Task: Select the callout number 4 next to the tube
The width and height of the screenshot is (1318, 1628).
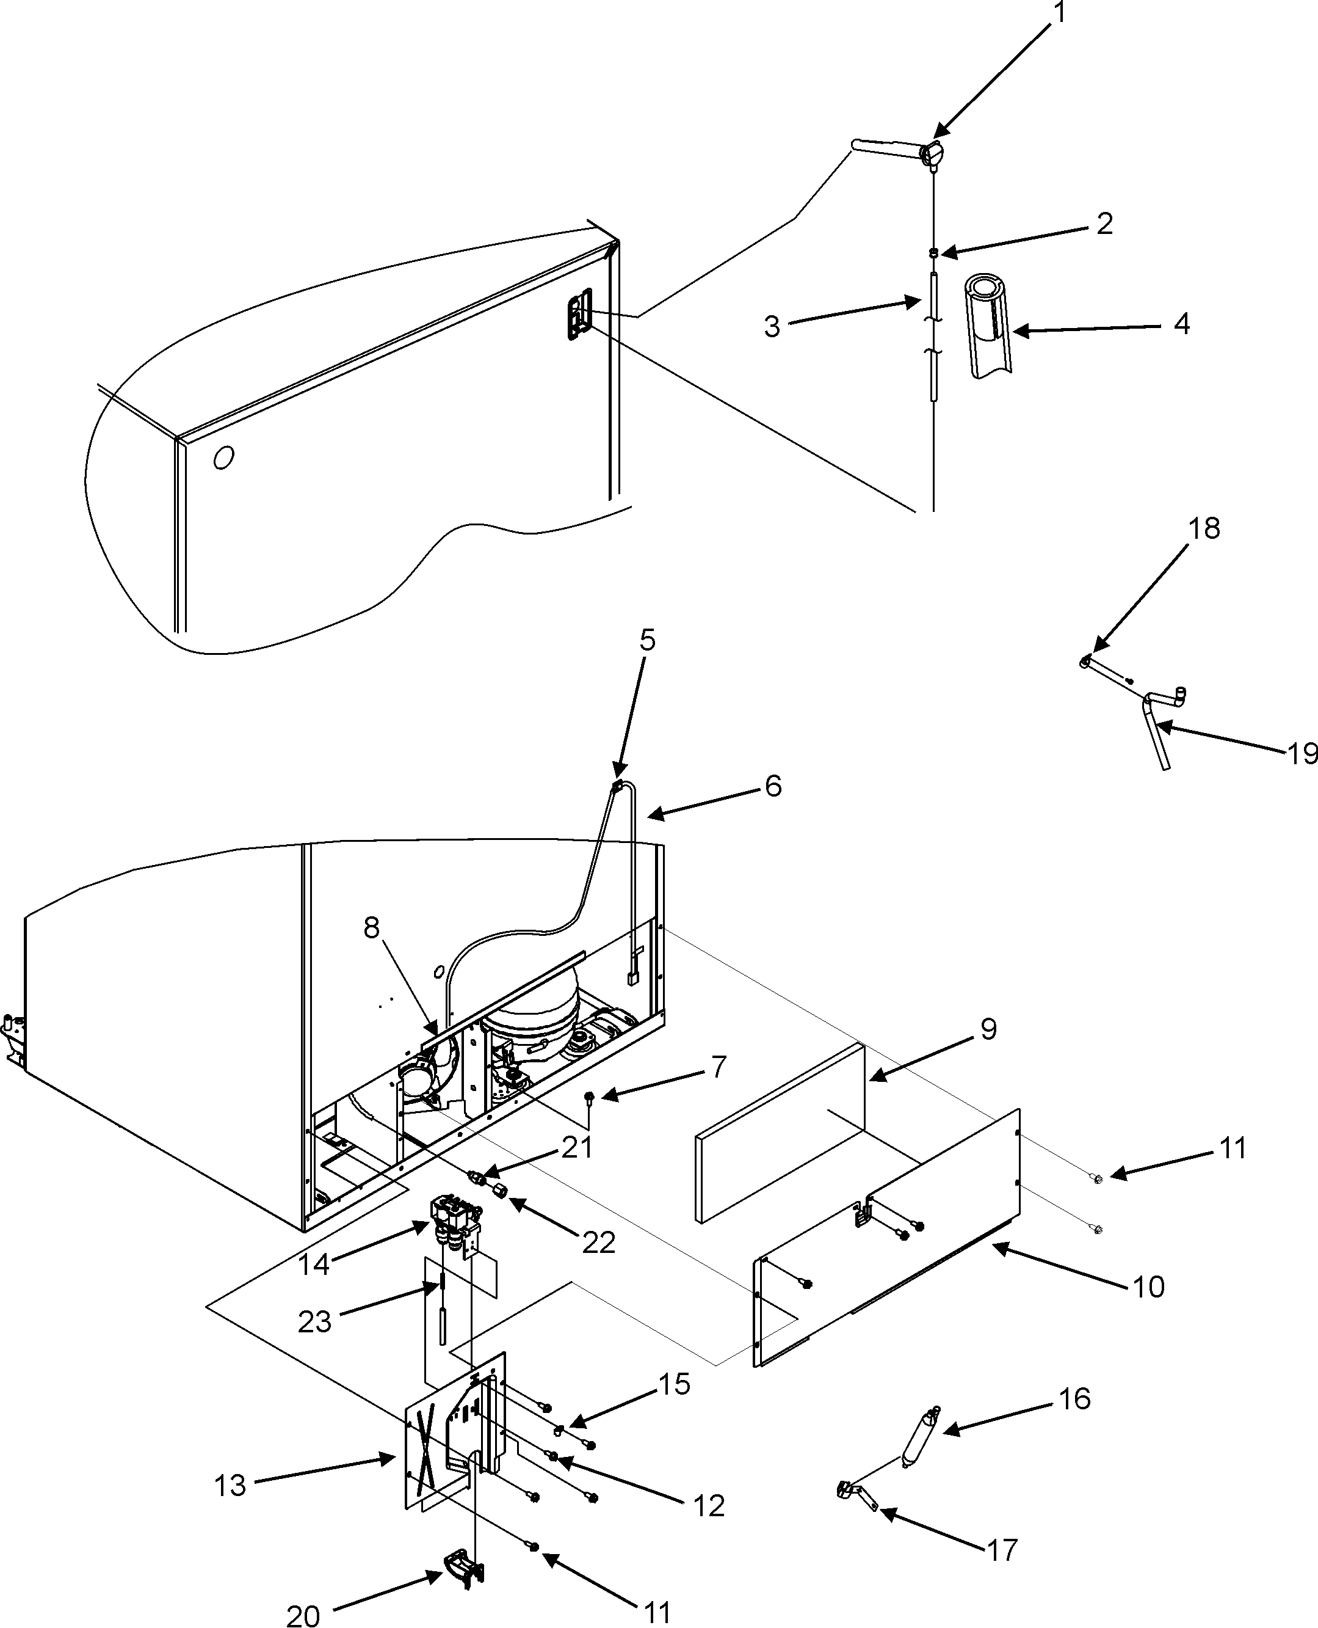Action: [x=1181, y=324]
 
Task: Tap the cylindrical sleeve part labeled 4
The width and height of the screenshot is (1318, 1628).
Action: [x=988, y=327]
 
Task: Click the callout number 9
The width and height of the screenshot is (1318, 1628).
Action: [x=988, y=1029]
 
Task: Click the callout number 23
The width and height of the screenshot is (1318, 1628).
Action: [x=314, y=1322]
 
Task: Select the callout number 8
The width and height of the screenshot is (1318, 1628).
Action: [x=371, y=927]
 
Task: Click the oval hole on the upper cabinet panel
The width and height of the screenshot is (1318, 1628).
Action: [x=223, y=458]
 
